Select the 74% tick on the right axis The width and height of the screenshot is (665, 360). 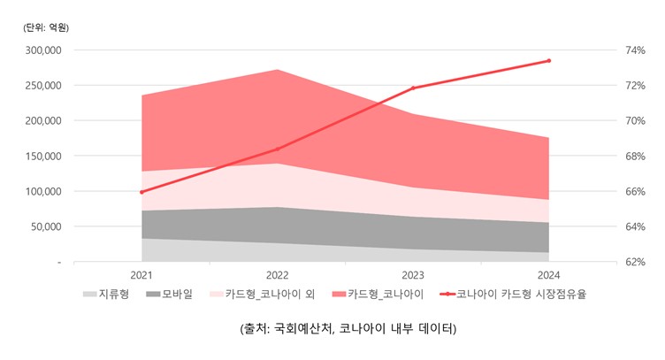pyautogui.click(x=636, y=50)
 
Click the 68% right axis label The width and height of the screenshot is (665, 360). pyautogui.click(x=636, y=157)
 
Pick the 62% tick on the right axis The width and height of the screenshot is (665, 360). pyautogui.click(x=636, y=263)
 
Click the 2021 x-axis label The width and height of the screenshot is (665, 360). pyautogui.click(x=141, y=275)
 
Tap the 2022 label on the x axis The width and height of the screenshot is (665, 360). pyautogui.click(x=278, y=275)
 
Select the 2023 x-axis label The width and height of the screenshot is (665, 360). pyautogui.click(x=413, y=275)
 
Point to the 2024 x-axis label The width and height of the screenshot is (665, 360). pyautogui.click(x=548, y=275)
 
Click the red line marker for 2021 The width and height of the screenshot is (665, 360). pyautogui.click(x=141, y=192)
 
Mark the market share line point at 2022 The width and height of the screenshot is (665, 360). pyautogui.click(x=278, y=149)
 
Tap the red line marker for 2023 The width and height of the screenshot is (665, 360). pyautogui.click(x=413, y=88)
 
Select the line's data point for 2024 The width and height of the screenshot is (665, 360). pyautogui.click(x=548, y=61)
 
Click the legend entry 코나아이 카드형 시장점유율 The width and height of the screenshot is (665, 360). pyautogui.click(x=523, y=294)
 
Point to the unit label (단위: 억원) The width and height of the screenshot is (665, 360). pyautogui.click(x=46, y=27)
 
